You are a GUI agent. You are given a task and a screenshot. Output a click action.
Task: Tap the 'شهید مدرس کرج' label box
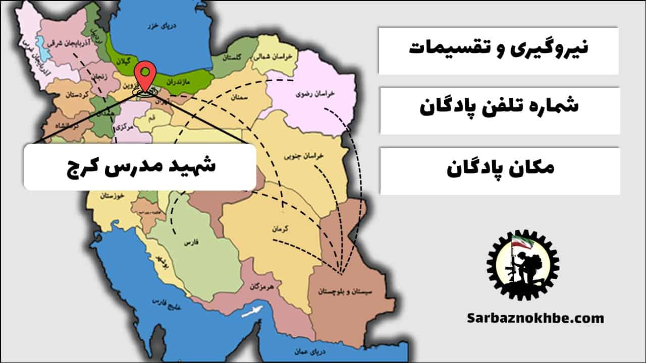coord(140,167)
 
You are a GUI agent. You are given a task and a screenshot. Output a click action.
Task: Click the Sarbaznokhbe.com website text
coord(535,318)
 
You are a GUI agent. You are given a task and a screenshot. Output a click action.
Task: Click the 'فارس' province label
coord(190,243)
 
